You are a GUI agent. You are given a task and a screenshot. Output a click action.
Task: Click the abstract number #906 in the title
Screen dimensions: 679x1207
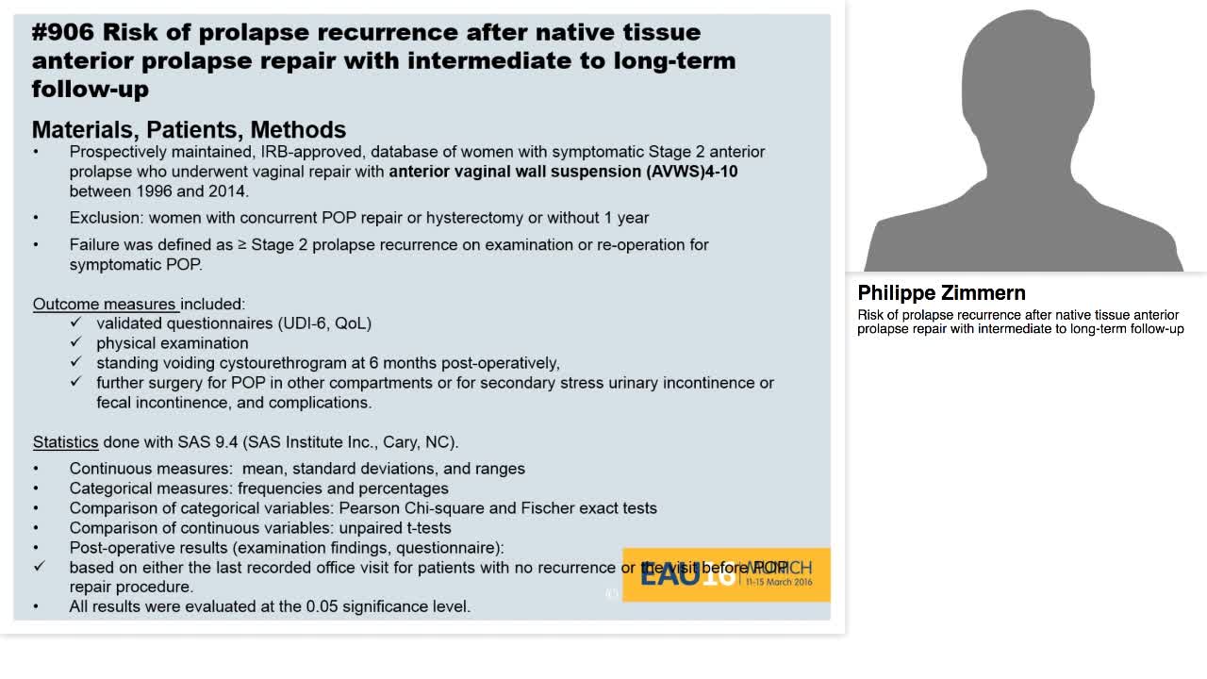62,32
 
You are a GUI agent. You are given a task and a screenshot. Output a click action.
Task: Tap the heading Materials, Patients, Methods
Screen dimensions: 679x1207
189,129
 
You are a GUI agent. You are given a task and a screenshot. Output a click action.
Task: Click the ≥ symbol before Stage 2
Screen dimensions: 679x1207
242,245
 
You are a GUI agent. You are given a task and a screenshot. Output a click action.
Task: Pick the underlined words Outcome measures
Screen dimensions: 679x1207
105,304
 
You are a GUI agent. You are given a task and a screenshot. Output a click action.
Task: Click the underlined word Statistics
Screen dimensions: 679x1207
65,442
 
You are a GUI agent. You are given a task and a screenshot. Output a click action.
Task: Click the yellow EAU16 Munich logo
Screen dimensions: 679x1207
726,574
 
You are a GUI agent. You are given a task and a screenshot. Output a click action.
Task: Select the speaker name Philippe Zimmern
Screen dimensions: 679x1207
941,292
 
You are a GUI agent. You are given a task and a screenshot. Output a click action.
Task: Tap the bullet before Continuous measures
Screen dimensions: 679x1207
37,469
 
